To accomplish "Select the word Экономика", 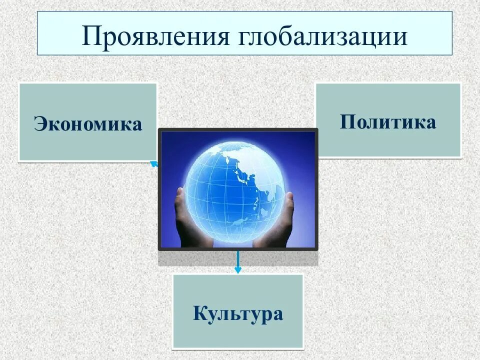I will tap(88, 124).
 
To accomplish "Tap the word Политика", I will tap(388, 122).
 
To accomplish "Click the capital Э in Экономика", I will tap(40, 124).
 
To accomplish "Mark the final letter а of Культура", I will tap(278, 315).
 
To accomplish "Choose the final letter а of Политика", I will tap(430, 123).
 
